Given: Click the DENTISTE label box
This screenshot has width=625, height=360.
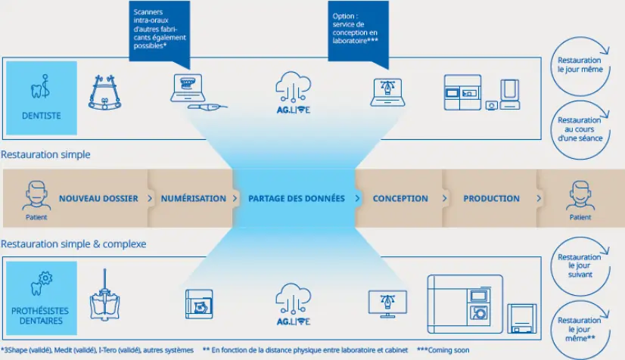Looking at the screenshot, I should pyautogui.click(x=42, y=115).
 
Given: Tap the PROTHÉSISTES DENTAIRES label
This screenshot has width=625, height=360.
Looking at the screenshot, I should pyautogui.click(x=42, y=315).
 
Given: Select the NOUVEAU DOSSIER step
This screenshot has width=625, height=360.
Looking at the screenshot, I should pyautogui.click(x=98, y=198).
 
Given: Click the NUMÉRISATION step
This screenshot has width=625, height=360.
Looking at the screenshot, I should pyautogui.click(x=193, y=198).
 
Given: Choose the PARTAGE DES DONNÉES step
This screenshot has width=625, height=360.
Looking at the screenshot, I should pyautogui.click(x=296, y=198).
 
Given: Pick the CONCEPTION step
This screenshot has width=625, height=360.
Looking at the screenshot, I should pyautogui.click(x=400, y=198).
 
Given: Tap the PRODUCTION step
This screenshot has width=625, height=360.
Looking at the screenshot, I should pyautogui.click(x=491, y=198).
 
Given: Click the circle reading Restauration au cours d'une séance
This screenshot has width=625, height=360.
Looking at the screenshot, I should pyautogui.click(x=580, y=129).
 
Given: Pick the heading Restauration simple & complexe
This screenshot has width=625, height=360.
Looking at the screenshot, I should pyautogui.click(x=73, y=244).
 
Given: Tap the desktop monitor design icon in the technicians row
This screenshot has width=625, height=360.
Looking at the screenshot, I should pyautogui.click(x=387, y=301).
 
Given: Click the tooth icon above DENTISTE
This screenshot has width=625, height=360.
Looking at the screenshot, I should pyautogui.click(x=42, y=85).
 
